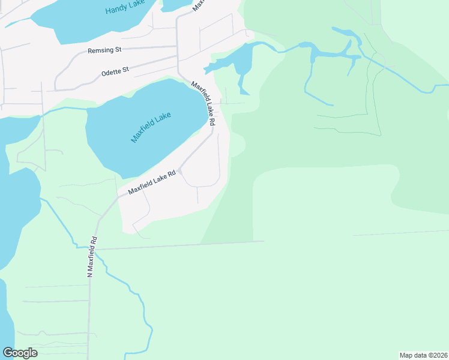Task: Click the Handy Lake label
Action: tap(124, 9)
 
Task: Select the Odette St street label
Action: tap(115, 71)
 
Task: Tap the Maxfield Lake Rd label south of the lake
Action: tap(151, 183)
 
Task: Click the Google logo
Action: tap(20, 352)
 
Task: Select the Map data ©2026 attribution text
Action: tap(423, 355)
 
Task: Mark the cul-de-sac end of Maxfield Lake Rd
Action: tap(179, 172)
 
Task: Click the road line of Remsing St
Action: tap(144, 47)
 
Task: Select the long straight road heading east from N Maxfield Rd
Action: tap(180, 245)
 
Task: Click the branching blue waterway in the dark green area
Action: tap(330, 54)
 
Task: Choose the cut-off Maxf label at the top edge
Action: tap(198, 6)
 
